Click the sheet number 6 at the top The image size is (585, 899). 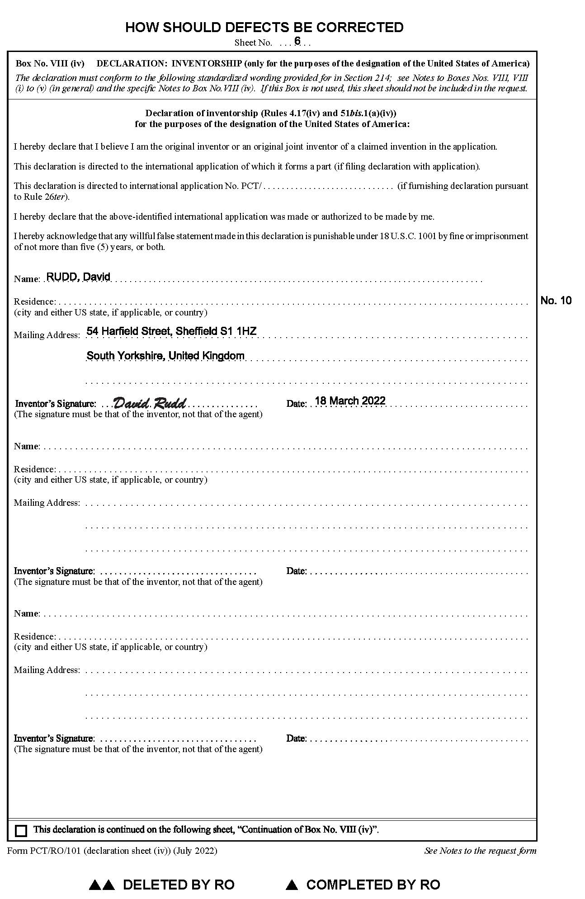pos(297,41)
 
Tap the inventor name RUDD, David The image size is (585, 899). pos(78,277)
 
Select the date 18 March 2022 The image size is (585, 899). pos(350,401)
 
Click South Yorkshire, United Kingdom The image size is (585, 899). pos(165,356)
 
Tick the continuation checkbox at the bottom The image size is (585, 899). pos(21,831)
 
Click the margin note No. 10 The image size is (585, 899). pos(556,301)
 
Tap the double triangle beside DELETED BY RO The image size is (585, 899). pos(101,885)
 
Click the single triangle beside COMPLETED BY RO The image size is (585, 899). pos(292,885)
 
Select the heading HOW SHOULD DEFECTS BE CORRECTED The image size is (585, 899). pos(264,28)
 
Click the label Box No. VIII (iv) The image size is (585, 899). pos(50,64)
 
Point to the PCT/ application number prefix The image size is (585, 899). pos(253,186)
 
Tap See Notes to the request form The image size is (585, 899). pos(480,851)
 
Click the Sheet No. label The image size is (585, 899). pos(253,43)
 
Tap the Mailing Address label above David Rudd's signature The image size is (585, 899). pos(47,335)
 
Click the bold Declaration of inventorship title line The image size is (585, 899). pos(271,113)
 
